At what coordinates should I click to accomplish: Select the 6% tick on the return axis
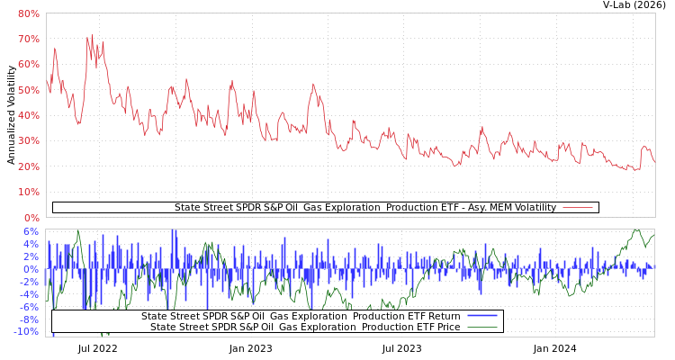point(31,231)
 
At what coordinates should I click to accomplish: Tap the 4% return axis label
point(31,244)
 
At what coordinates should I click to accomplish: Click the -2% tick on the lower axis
point(30,282)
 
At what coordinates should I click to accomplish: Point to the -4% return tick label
point(30,294)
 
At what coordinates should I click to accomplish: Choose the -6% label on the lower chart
point(30,307)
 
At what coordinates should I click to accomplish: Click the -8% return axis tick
point(30,319)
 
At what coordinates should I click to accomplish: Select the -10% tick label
point(28,332)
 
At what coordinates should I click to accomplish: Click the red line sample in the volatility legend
point(577,208)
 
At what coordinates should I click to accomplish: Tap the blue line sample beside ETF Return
point(482,316)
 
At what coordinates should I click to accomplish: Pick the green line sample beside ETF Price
point(482,327)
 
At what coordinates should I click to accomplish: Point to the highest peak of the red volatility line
point(87,37)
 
